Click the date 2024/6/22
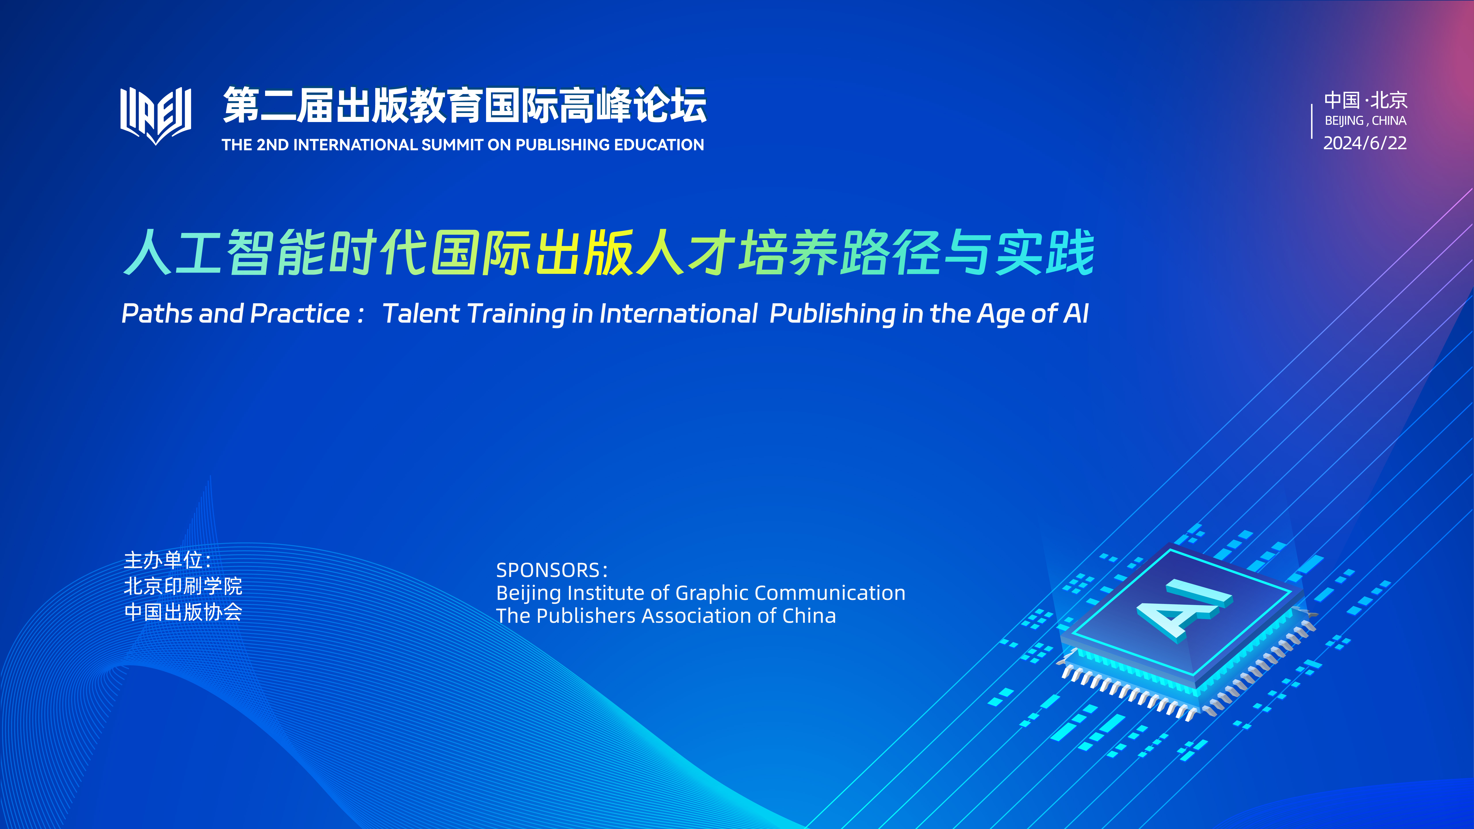(x=1365, y=143)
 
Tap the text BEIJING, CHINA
(x=1365, y=121)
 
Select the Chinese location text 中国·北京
(x=1365, y=100)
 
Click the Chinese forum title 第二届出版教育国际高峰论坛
(x=465, y=105)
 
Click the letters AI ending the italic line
(x=1076, y=313)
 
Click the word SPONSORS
(x=548, y=570)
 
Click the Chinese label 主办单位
(x=163, y=560)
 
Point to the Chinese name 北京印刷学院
(x=183, y=586)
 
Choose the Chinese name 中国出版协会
(x=183, y=612)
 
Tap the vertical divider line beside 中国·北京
(x=1311, y=121)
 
